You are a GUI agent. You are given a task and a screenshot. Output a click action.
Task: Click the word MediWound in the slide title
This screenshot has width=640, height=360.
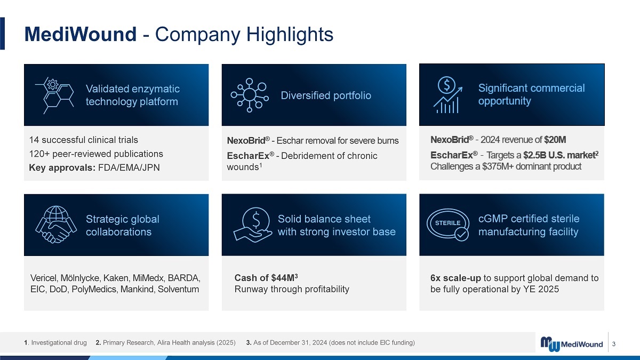click(x=81, y=34)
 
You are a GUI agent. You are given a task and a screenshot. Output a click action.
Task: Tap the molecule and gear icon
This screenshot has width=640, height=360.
click(x=54, y=95)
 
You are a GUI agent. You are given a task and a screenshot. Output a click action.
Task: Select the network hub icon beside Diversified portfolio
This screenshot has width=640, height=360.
click(x=250, y=95)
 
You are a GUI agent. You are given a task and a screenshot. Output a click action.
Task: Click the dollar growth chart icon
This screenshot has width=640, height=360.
click(x=447, y=95)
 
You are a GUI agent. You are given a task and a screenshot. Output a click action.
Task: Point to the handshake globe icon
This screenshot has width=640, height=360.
click(x=56, y=225)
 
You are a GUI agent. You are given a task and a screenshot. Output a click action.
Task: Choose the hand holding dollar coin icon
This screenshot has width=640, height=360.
click(x=253, y=225)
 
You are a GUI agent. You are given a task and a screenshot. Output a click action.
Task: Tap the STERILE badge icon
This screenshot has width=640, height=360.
click(x=448, y=225)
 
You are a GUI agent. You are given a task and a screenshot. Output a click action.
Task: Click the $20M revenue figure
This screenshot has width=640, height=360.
click(x=555, y=140)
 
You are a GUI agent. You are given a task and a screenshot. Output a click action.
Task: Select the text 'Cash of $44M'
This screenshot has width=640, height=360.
click(x=265, y=278)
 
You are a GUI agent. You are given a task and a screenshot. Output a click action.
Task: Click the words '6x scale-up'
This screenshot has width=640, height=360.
click(x=455, y=278)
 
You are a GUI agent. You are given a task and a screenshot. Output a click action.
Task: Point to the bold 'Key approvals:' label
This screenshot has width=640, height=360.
click(x=62, y=167)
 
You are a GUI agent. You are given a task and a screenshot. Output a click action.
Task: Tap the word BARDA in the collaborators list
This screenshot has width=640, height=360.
click(x=183, y=278)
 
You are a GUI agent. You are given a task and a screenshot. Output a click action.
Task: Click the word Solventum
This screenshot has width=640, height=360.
click(x=178, y=289)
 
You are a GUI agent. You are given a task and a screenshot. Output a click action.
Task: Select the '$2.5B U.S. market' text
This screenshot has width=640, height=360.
click(x=559, y=155)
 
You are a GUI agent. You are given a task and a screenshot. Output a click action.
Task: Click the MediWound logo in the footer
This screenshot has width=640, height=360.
click(x=571, y=344)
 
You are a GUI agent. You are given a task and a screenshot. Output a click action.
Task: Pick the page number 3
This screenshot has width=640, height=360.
click(x=614, y=344)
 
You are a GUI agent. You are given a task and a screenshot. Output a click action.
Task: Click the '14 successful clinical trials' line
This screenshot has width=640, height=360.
click(x=83, y=140)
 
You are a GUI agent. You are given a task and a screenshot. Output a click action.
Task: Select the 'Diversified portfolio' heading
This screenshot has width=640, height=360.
click(x=326, y=95)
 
